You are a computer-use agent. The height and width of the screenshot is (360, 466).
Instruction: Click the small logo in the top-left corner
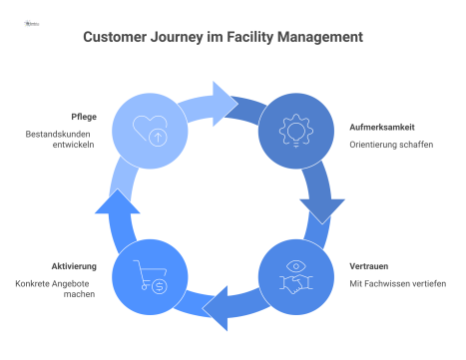coord(30,18)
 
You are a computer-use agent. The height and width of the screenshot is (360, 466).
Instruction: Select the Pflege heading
coord(83,115)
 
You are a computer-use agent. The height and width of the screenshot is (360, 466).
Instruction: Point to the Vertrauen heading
coord(369,266)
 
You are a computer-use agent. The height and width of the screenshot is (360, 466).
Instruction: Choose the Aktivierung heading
coord(74,266)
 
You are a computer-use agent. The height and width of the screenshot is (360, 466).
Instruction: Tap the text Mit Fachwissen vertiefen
coord(397,283)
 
